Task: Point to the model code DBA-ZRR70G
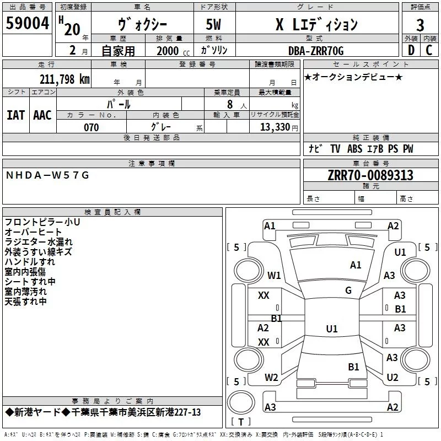pos(315,51)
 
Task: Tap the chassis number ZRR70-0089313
pos(370,175)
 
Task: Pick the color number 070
pos(91,127)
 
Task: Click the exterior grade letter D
pos(411,51)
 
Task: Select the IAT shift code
pos(15,115)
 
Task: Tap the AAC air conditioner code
pos(42,115)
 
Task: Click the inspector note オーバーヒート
pos(34,232)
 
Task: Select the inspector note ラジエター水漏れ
pos(39,242)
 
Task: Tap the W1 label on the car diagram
pos(274,275)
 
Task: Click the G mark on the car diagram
pos(348,290)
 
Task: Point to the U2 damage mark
pos(392,377)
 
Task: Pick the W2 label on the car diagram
pos(271,378)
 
